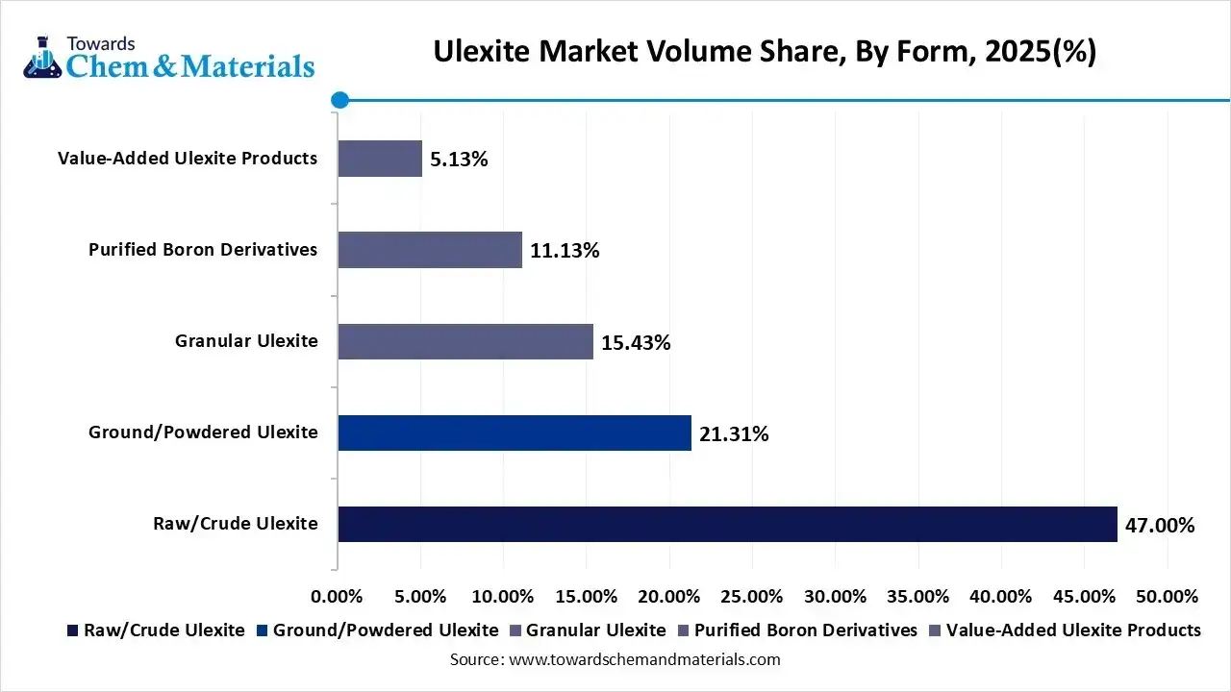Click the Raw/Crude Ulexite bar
[727, 524]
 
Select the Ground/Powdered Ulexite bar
[515, 432]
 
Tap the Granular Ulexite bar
[465, 341]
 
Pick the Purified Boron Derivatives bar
[430, 250]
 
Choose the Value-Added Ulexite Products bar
[380, 159]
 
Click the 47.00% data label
[1160, 525]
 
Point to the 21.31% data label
[734, 434]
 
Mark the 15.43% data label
[636, 342]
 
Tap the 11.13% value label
[565, 251]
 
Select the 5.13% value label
[459, 160]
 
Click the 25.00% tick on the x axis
[752, 596]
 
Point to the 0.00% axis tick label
[338, 596]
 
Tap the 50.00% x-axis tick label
[1168, 596]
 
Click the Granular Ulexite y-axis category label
[246, 341]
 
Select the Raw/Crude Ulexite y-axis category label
[235, 524]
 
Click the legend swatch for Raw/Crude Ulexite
[72, 630]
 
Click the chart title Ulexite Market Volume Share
[765, 51]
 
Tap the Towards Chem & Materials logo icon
[40, 58]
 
